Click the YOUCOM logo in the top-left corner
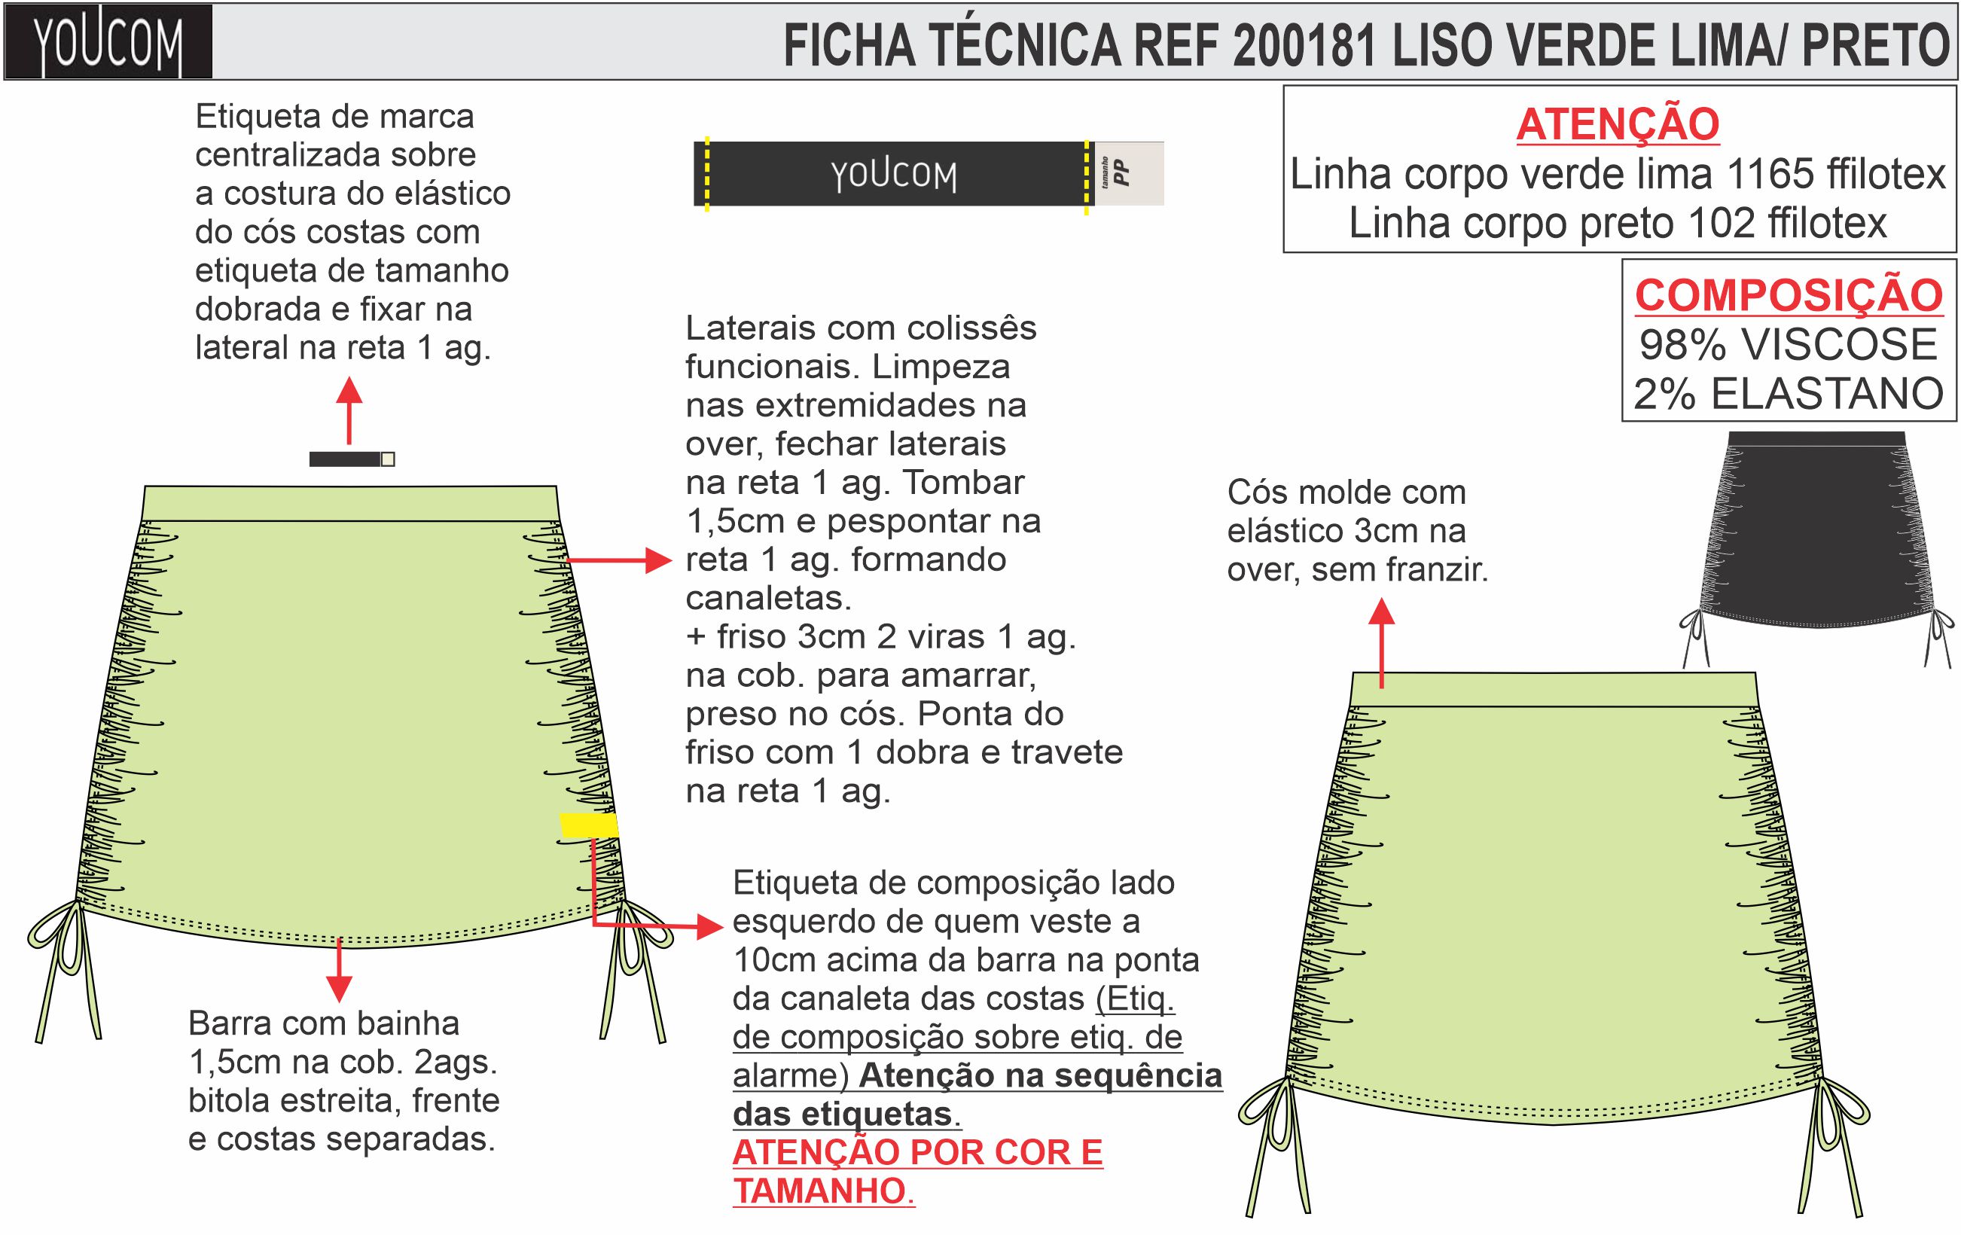click(x=108, y=42)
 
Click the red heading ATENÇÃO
click(x=1618, y=123)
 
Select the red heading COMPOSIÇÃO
click(x=1789, y=294)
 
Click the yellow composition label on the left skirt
click(x=588, y=825)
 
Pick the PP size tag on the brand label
click(x=1121, y=173)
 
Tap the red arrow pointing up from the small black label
click(x=349, y=411)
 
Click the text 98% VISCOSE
click(x=1788, y=344)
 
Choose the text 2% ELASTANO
click(x=1789, y=394)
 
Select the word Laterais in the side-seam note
click(x=751, y=328)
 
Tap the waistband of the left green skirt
click(x=350, y=503)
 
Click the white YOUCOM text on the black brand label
click(x=893, y=174)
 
